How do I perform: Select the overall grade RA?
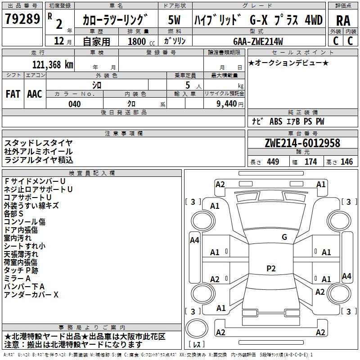coord(343,20)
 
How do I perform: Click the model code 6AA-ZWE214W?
coord(258,41)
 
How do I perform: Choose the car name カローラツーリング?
coord(115,20)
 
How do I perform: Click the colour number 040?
coord(75,104)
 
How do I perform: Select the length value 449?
coord(273,162)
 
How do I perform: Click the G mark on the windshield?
coord(284,237)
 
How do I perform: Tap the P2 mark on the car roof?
coord(270,269)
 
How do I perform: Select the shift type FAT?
coord(13,94)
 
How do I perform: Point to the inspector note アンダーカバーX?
coord(31,295)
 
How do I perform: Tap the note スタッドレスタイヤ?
coord(38,143)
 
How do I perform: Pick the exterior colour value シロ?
coord(97,85)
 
